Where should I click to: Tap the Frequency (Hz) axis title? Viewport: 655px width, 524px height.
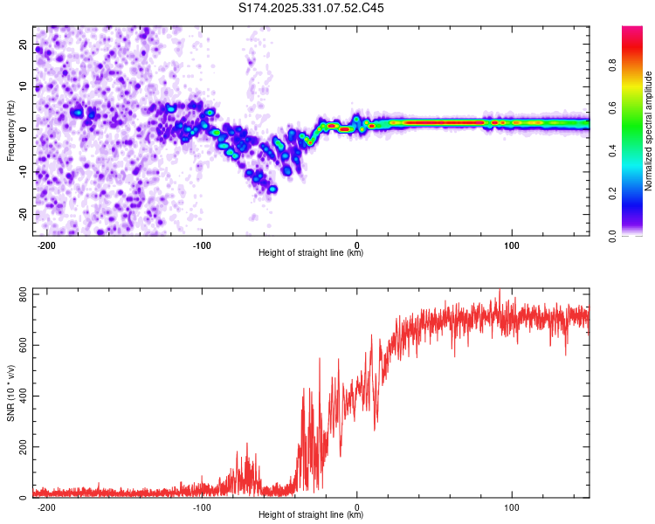(10, 131)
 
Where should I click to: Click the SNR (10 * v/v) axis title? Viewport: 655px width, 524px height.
(10, 394)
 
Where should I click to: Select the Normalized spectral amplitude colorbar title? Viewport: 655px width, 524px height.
(648, 131)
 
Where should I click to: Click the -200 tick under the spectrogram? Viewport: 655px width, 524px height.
(47, 245)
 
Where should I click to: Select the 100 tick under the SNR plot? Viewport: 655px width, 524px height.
(512, 507)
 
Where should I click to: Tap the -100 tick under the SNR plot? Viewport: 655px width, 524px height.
(202, 507)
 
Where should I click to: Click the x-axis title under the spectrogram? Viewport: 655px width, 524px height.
(311, 253)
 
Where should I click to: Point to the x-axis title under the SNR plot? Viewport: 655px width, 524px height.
(311, 515)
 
